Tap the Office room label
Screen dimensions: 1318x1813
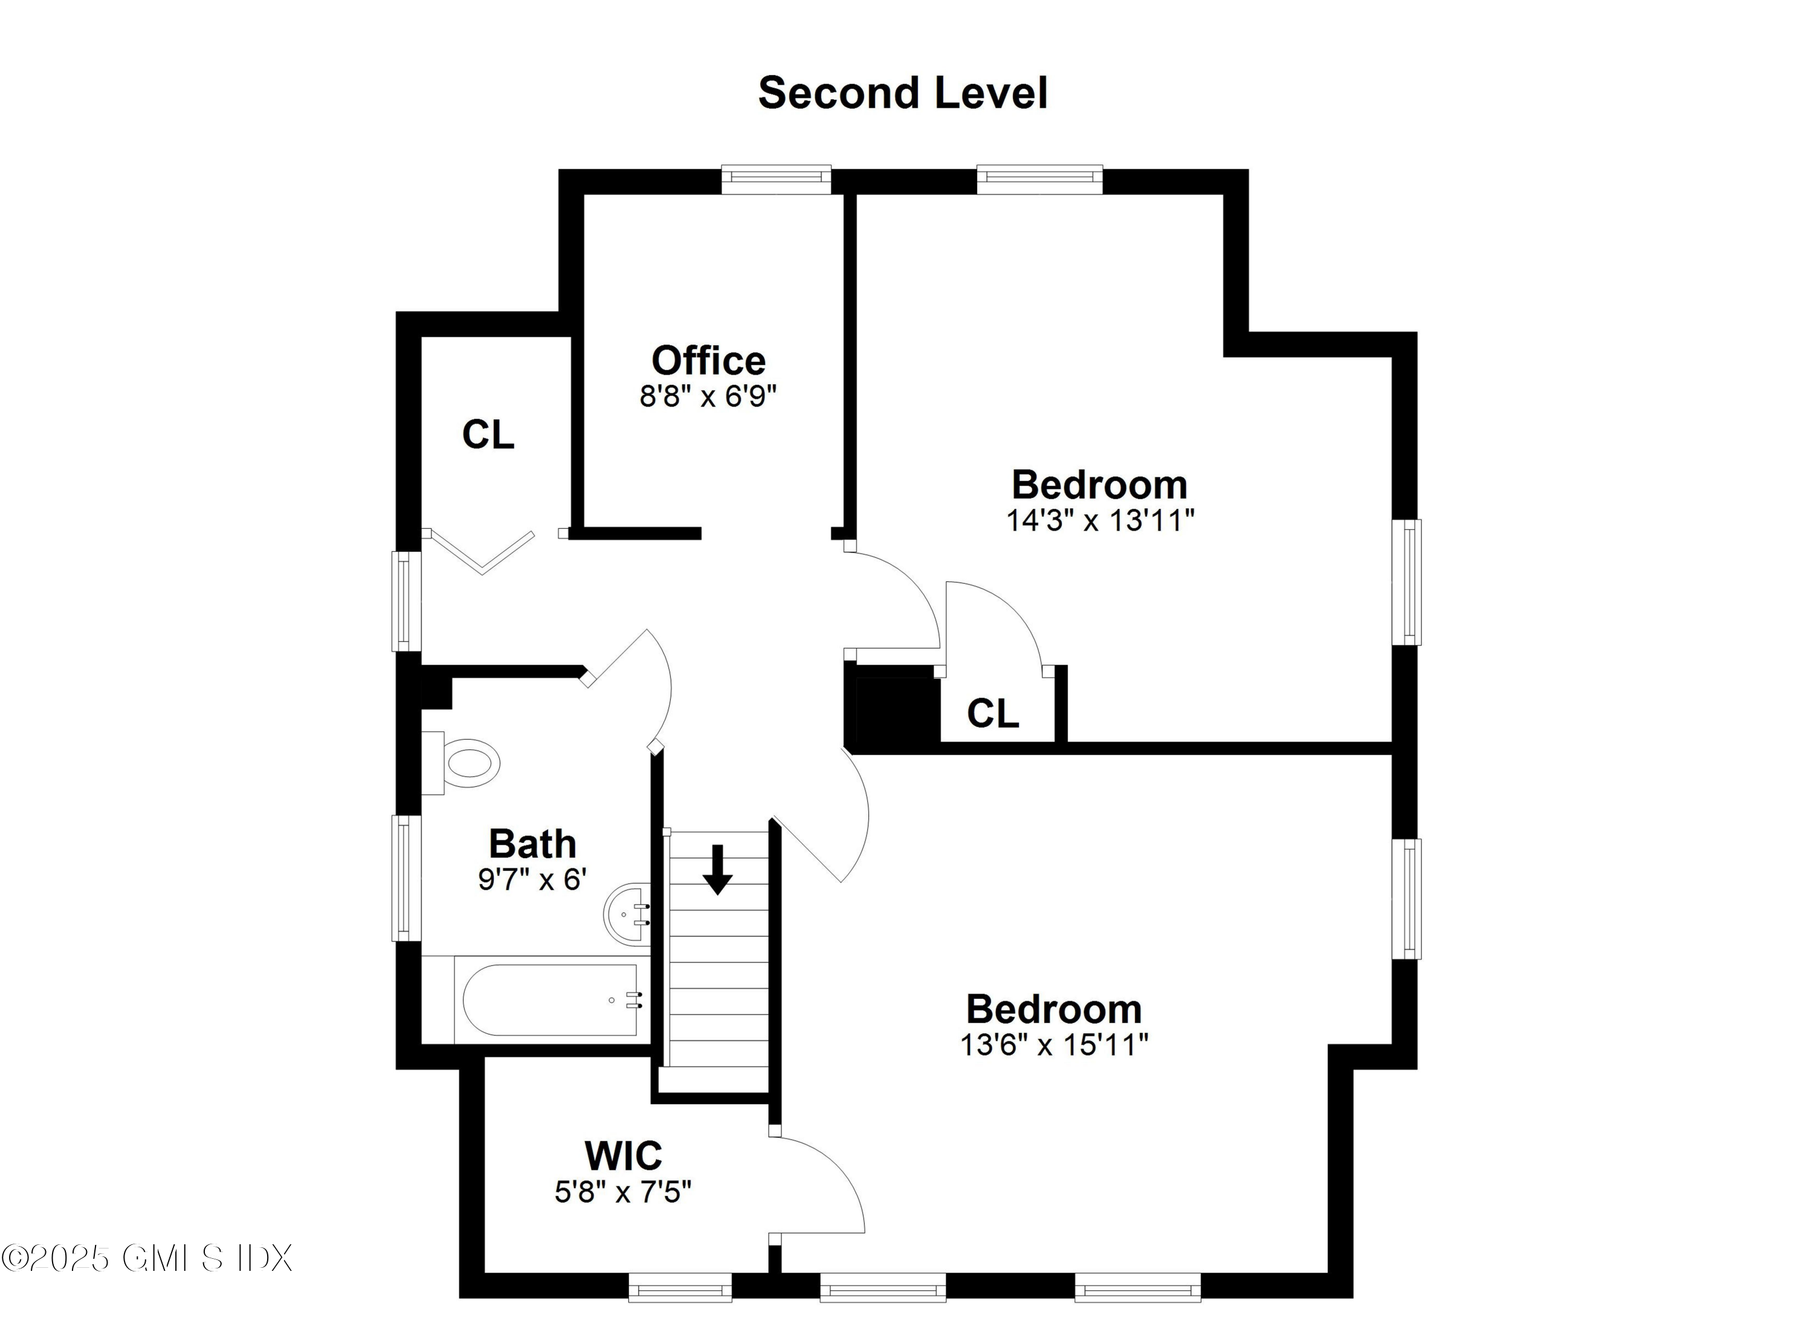pos(708,361)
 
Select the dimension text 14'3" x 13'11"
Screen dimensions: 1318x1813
pos(1099,520)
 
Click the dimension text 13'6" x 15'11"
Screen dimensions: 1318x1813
pos(1053,1045)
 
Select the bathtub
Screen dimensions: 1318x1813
pos(552,1000)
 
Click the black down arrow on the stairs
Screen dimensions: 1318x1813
pos(717,870)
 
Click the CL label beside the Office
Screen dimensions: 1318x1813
pos(488,435)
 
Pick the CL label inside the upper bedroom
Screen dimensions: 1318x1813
pos(992,713)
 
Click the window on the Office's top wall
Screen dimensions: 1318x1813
pos(775,180)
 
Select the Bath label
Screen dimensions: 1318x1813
pos(532,844)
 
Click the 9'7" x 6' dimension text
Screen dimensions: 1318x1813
pos(532,879)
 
